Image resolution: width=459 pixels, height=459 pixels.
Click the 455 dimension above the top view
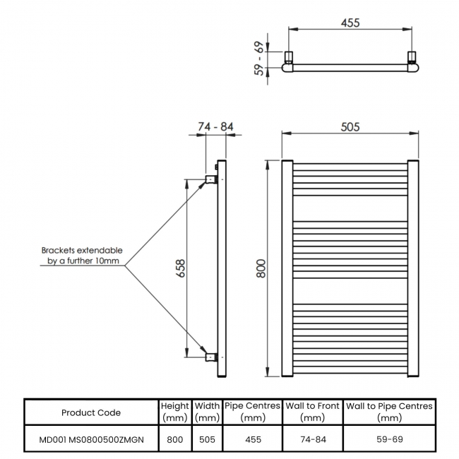[350, 23]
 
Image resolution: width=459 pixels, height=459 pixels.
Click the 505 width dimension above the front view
[350, 127]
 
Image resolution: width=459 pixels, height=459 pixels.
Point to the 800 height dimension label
[261, 268]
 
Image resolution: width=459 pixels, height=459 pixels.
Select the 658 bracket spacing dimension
[181, 268]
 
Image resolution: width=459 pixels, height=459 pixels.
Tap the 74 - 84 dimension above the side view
[215, 126]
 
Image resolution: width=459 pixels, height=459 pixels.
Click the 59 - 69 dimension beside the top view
[259, 58]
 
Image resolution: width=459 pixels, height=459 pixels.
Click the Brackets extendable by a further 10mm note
[82, 256]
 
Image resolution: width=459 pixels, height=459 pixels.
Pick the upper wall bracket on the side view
[211, 179]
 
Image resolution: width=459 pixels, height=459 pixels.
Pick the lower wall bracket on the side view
[211, 357]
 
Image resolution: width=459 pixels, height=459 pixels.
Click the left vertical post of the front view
[287, 268]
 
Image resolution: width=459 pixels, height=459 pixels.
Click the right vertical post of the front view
[413, 268]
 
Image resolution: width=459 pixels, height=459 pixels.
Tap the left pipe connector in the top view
[289, 57]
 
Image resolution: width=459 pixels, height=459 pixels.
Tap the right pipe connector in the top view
[412, 57]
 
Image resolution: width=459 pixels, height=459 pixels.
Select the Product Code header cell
[91, 413]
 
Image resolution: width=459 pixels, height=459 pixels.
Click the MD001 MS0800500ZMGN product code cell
[91, 439]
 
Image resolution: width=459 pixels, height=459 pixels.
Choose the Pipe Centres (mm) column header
[253, 412]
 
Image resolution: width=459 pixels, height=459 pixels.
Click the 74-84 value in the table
[313, 439]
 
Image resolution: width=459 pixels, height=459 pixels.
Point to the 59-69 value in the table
[390, 439]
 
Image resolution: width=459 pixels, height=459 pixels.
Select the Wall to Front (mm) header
[312, 412]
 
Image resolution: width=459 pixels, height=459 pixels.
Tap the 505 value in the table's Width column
[207, 439]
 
